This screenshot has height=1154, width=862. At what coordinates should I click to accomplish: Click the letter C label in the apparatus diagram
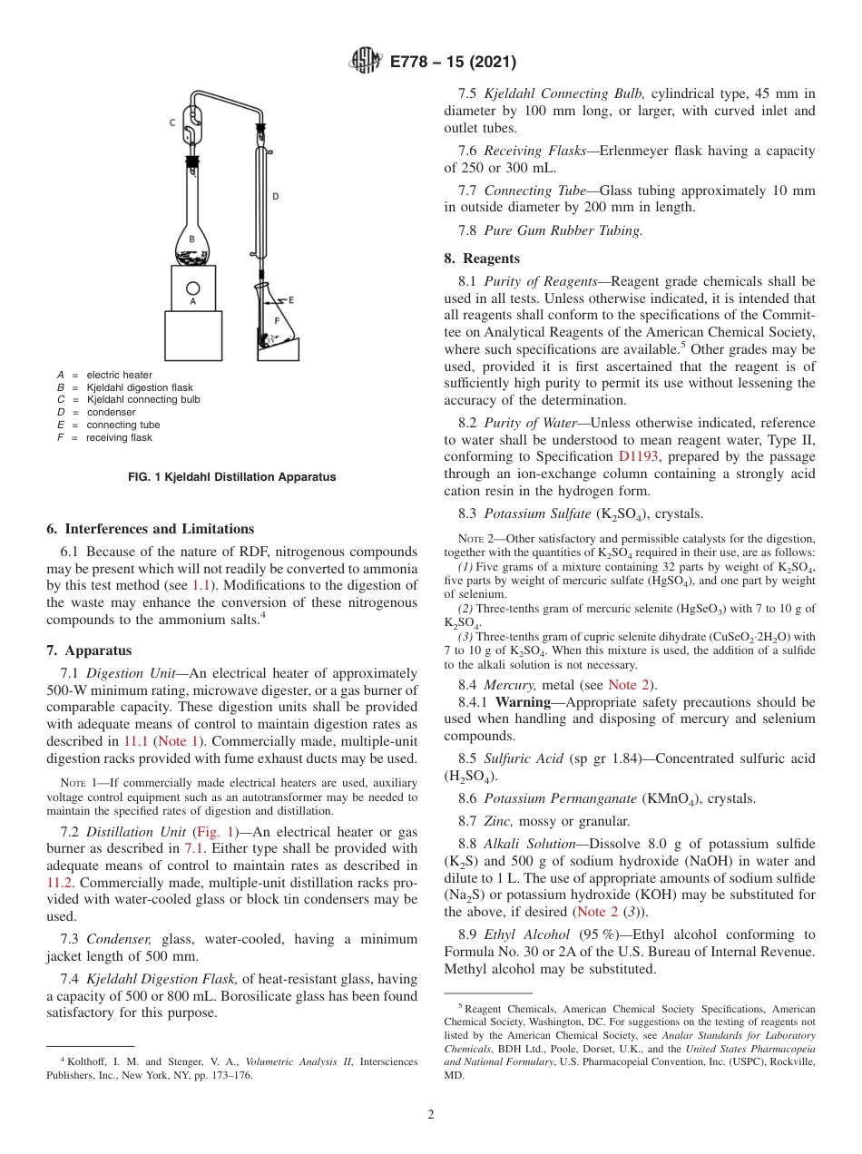tap(172, 122)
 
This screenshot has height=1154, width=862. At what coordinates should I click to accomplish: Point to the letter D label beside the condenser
tap(276, 195)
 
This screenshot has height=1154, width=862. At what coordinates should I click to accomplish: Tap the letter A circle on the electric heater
tap(192, 291)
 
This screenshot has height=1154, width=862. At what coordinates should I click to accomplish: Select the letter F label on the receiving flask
tap(277, 321)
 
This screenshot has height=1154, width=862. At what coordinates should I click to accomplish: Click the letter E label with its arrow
tap(289, 299)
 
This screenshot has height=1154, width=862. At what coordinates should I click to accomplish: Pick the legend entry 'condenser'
tap(112, 412)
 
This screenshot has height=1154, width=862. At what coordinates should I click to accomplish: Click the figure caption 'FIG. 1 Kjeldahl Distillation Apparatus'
tap(231, 476)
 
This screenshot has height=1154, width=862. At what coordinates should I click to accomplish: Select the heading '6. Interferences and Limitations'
tap(150, 529)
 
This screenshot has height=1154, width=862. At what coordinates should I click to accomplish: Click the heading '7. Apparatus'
tap(88, 650)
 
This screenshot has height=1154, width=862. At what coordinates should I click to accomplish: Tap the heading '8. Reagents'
tap(489, 259)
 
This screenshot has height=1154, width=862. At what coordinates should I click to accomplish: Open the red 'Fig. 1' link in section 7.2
tap(218, 831)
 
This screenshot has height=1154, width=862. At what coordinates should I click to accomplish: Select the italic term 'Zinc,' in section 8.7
tap(501, 821)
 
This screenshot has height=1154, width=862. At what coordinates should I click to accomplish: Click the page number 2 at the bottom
tap(431, 1114)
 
